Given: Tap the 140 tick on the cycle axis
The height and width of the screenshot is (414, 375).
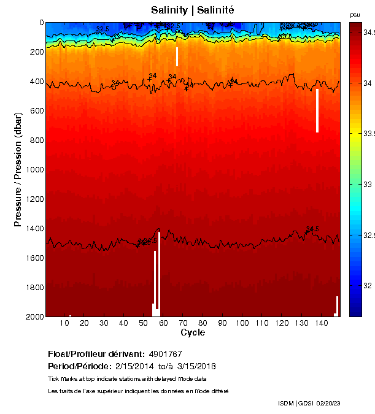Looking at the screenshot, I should point(321,324).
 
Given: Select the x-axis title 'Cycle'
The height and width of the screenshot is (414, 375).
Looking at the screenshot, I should point(193,333).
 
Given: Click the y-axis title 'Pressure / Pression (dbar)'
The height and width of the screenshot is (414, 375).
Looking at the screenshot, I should point(18,169).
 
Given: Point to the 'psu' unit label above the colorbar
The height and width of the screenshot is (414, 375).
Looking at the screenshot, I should point(355,15).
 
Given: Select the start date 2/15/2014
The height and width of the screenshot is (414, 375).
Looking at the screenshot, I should point(136,366).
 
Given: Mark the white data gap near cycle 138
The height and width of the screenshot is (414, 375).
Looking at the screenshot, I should point(317,111).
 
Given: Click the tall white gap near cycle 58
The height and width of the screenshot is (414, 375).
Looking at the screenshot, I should point(158,270).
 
